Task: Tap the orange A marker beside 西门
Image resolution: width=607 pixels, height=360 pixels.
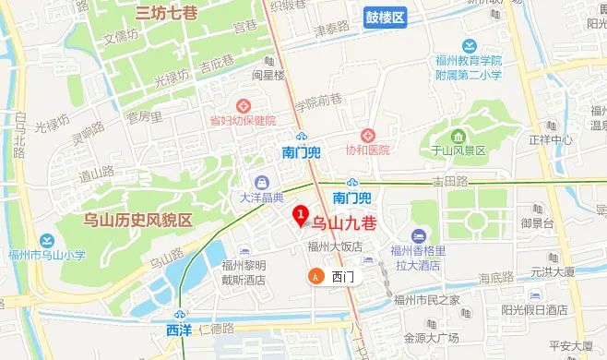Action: (316, 276)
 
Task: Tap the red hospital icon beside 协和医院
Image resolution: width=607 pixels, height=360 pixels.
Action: (366, 134)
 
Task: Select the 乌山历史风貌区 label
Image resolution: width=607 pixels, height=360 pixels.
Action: (137, 220)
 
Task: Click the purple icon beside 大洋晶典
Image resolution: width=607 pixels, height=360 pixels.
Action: (261, 181)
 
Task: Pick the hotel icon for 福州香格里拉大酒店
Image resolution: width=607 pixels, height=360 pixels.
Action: (420, 234)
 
